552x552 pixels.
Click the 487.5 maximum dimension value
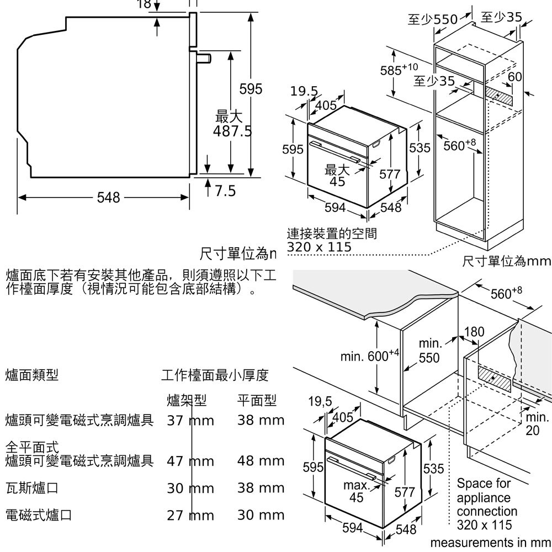point(232,131)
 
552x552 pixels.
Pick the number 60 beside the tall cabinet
point(515,76)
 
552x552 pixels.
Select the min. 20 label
point(537,423)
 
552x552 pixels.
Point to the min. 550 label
point(429,352)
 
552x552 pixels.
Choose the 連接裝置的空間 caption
point(332,233)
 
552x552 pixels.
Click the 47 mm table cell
point(190,461)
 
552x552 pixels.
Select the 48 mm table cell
point(261,461)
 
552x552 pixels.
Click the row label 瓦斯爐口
point(31,489)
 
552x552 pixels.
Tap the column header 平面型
point(257,400)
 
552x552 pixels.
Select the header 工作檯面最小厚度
point(215,376)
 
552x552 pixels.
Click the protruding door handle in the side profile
point(204,58)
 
